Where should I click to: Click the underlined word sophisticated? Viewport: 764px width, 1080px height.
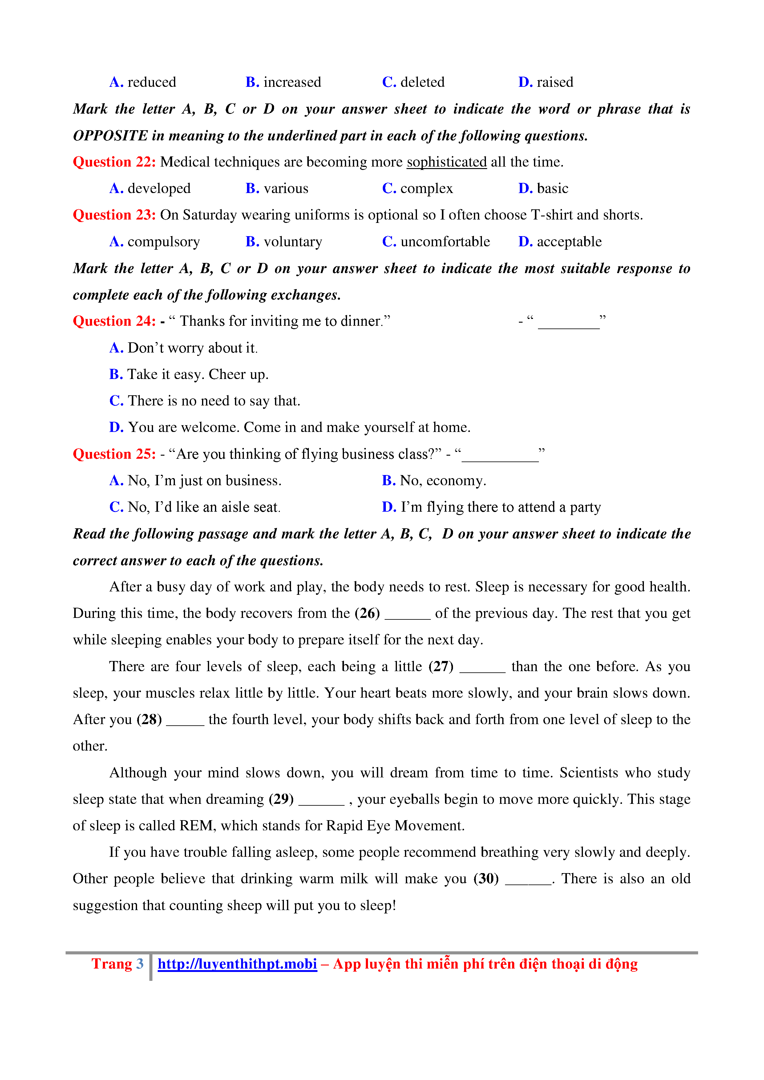click(447, 162)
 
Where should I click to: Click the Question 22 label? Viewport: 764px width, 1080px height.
click(114, 162)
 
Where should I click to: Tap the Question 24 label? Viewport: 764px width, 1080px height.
click(114, 321)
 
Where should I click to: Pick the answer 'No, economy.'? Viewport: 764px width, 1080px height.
click(434, 481)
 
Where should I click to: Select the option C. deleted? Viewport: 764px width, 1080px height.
click(413, 82)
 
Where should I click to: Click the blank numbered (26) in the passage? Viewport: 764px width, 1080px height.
click(407, 614)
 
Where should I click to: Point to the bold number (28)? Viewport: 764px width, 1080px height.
click(149, 720)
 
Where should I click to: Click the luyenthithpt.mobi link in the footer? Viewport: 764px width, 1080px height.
click(237, 964)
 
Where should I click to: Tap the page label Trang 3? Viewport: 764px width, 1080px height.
click(117, 964)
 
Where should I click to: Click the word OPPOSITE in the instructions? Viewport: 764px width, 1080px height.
click(110, 136)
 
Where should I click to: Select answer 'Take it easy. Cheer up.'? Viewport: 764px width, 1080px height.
click(189, 374)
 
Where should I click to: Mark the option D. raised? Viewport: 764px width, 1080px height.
click(546, 82)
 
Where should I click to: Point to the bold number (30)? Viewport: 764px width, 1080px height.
click(486, 879)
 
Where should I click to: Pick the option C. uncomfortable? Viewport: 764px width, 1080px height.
click(436, 242)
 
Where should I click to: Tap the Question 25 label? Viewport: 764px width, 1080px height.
click(114, 454)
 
